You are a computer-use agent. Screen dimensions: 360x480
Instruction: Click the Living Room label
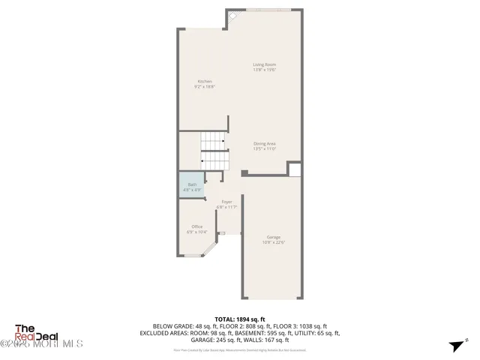click(x=264, y=64)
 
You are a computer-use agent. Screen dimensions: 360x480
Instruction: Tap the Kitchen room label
click(x=205, y=81)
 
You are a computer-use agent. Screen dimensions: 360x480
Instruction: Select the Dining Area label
click(x=264, y=143)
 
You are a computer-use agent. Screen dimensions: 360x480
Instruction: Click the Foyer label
click(x=226, y=201)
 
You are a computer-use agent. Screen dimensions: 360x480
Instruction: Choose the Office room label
click(x=196, y=226)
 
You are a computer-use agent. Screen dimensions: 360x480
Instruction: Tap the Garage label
click(x=273, y=237)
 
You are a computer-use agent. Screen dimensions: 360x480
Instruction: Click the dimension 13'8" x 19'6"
click(x=264, y=70)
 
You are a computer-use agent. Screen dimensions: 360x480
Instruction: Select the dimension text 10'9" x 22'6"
click(x=273, y=242)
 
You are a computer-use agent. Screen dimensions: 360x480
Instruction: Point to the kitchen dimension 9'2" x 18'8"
click(x=205, y=86)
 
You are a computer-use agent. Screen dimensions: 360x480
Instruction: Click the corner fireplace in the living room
click(x=234, y=16)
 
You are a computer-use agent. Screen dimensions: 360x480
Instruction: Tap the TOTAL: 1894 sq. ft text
click(x=240, y=319)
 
